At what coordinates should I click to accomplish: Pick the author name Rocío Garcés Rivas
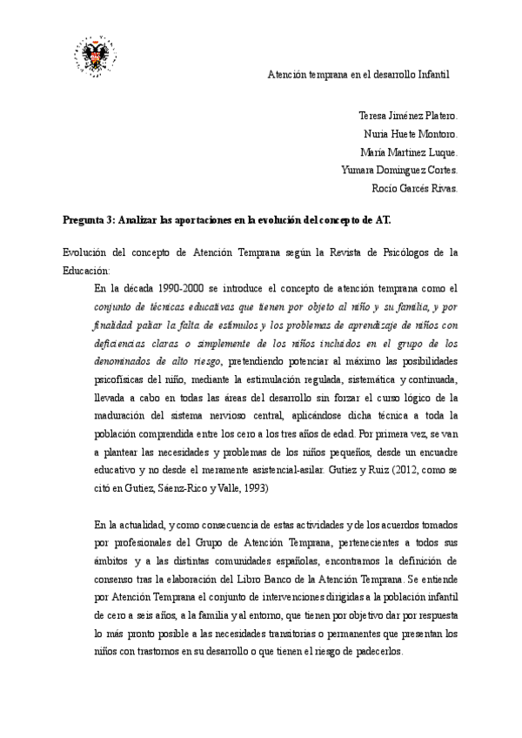click(414, 187)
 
